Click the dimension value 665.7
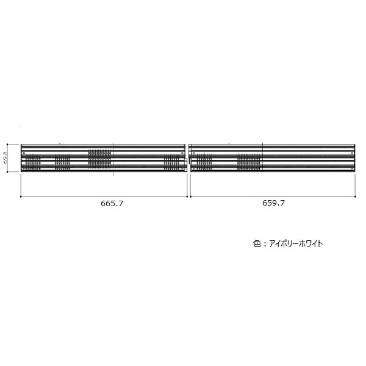coord(112,204)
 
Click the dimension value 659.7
coord(273,203)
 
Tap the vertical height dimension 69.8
coord(6,158)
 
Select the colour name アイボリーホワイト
coord(296,243)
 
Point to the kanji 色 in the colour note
coord(257,243)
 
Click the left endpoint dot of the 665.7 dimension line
coord(21,196)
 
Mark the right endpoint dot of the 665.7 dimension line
coord(187,196)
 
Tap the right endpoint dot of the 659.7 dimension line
coord(355,196)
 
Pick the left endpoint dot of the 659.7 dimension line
coord(191,196)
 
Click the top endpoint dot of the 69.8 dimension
coord(7,144)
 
